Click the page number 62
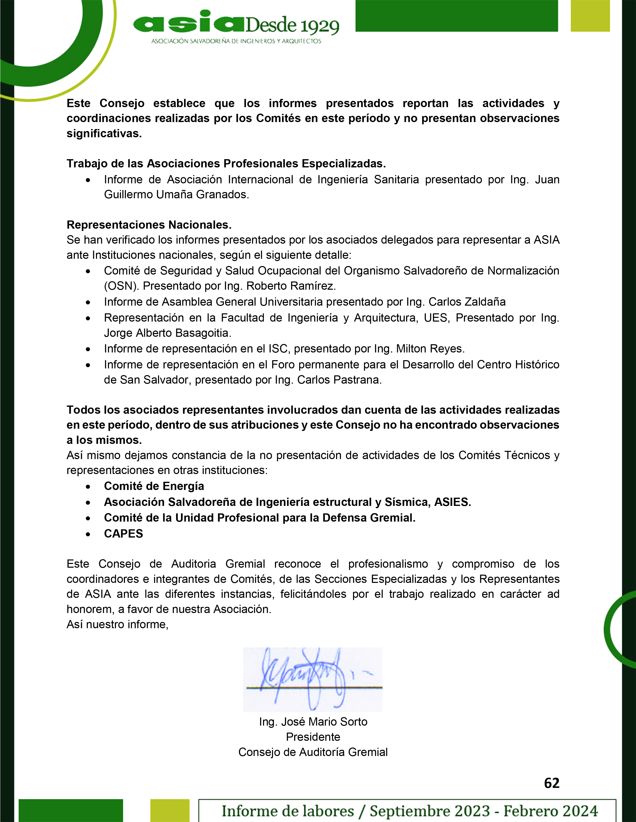pyautogui.click(x=551, y=783)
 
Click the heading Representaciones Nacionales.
pyautogui.click(x=149, y=225)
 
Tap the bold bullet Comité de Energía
pyautogui.click(x=154, y=486)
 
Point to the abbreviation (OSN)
pyautogui.click(x=121, y=286)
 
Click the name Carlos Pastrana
pyautogui.click(x=339, y=380)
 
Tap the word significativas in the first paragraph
pyautogui.click(x=104, y=134)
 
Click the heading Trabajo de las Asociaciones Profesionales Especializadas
pyautogui.click(x=226, y=164)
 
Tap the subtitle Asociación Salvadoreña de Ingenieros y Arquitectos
pyautogui.click(x=236, y=41)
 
